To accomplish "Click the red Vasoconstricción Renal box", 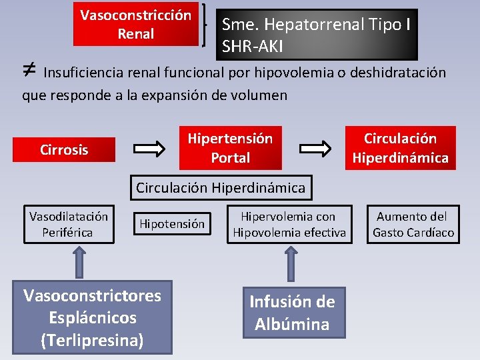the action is click(135, 24).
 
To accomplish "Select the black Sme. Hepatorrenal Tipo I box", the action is click(319, 35).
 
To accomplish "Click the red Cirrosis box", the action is click(64, 150).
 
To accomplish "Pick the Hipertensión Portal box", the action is click(230, 148).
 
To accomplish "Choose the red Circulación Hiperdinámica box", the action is click(400, 148).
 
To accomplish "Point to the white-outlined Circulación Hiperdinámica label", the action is click(221, 188).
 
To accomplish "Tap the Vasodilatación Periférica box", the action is click(69, 224).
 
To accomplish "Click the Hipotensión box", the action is click(172, 224).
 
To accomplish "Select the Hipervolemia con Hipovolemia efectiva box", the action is click(289, 224).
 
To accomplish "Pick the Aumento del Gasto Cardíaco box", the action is click(413, 224).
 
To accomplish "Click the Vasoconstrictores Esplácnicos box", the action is click(92, 318).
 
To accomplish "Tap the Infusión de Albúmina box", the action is click(292, 313).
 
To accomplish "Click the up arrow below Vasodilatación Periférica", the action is click(79, 261).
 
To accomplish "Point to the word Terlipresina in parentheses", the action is click(92, 340).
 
